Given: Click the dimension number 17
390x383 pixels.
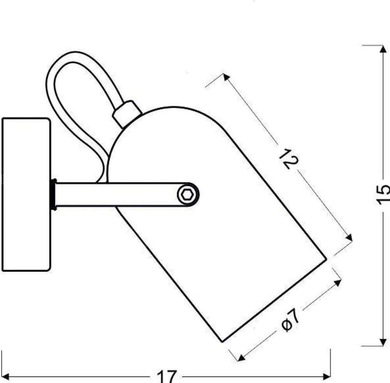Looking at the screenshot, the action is (167, 376).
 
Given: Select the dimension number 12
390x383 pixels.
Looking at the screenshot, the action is (289, 159).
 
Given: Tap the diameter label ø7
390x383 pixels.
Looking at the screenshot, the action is (291, 320).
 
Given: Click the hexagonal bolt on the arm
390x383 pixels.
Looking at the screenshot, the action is (186, 195).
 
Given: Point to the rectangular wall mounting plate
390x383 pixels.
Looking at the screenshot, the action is (27, 195).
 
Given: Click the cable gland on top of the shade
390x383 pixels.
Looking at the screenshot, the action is (127, 113).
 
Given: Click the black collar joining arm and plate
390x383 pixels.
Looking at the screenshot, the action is (53, 195).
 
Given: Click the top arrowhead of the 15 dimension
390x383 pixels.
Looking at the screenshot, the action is (383, 49).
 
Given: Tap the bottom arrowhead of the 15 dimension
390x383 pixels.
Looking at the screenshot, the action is (383, 342).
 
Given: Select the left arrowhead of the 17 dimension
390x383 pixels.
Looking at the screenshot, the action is (5, 377).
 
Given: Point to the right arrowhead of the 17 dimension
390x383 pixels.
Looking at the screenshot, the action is (326, 377).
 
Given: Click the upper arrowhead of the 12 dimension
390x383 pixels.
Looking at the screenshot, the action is (226, 77).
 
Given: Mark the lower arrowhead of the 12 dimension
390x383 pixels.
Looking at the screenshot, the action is (349, 238).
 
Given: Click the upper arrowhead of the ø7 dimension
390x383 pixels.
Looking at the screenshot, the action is (337, 283).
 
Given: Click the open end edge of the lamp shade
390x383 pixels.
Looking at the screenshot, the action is (274, 300).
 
